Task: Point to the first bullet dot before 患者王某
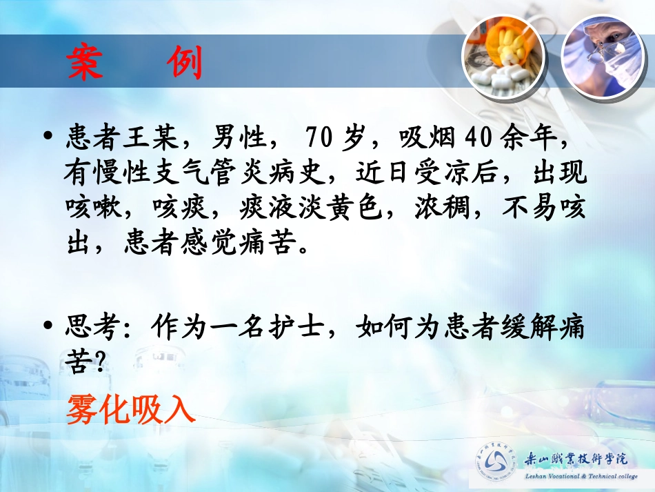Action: click(48, 138)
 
